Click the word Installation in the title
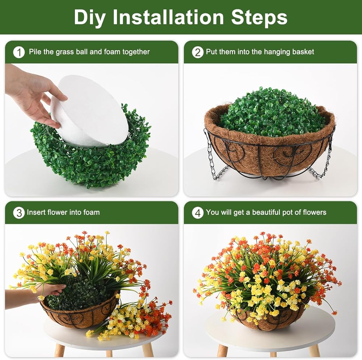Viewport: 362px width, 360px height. click(168, 17)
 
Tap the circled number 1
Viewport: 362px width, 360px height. click(19, 53)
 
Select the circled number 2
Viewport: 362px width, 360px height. click(198, 53)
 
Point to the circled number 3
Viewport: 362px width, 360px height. click(19, 213)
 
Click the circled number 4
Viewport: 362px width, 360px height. click(198, 213)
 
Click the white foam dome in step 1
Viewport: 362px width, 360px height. click(89, 111)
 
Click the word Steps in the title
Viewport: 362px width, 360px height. click(259, 17)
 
